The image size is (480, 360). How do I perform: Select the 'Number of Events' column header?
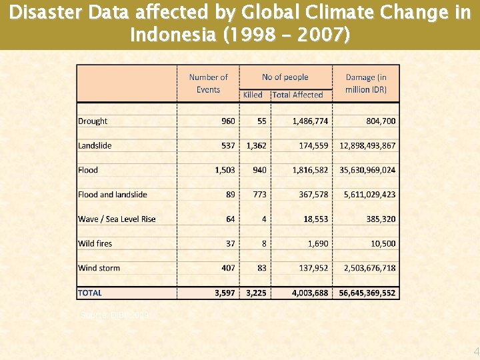[x=208, y=83]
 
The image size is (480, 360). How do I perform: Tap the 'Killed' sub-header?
[x=253, y=95]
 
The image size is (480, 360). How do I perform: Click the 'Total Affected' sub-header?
[x=297, y=95]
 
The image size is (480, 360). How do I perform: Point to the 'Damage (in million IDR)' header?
[x=366, y=83]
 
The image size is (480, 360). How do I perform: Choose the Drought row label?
[x=93, y=121]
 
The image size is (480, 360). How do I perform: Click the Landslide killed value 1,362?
[x=256, y=145]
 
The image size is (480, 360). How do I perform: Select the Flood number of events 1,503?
[x=225, y=170]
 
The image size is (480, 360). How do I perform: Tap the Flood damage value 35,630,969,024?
[x=367, y=170]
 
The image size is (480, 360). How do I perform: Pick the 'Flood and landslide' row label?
[x=113, y=195]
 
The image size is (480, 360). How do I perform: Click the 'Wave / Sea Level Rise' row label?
[x=117, y=219]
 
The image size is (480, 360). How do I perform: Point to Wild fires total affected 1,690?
[x=317, y=244]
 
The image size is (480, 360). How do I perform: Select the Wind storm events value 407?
[x=228, y=268]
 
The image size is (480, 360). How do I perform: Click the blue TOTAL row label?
[x=90, y=293]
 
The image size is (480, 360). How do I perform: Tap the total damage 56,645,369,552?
[x=367, y=293]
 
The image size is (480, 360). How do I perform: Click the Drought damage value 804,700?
[x=381, y=121]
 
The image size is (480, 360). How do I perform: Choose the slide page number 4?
[x=475, y=351]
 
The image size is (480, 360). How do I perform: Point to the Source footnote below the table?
[x=115, y=314]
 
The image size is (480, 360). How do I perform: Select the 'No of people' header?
[x=285, y=77]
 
